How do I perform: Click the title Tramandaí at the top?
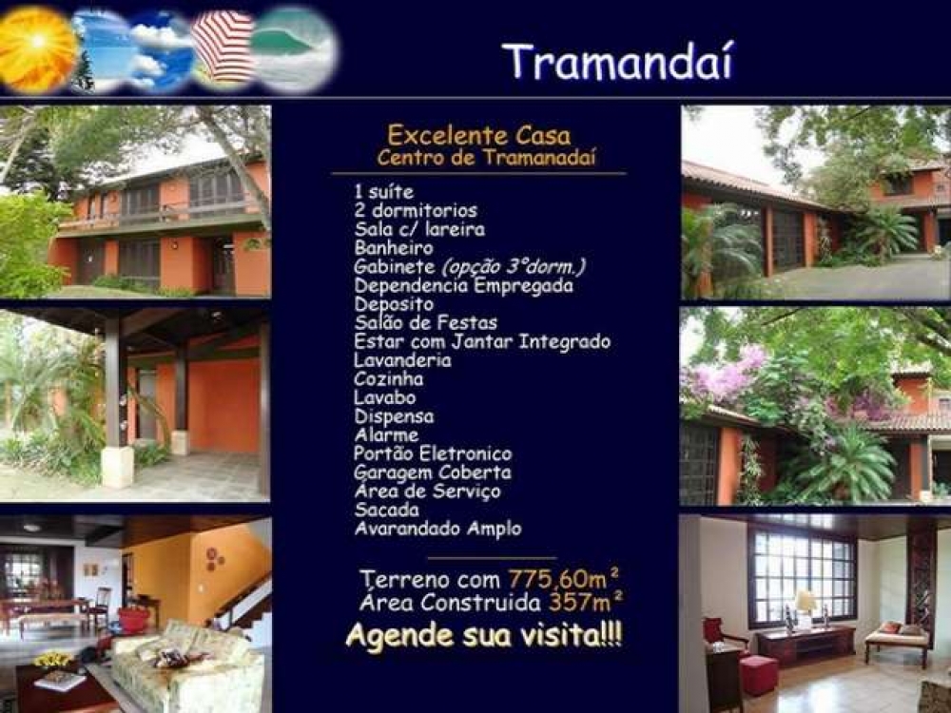point(618,61)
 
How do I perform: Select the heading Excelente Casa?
point(479,135)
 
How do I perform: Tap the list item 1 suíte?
point(384,192)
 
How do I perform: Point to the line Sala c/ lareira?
point(419,229)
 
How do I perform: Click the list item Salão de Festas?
point(426,322)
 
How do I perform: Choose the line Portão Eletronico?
point(433,453)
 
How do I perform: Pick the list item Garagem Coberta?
point(433,472)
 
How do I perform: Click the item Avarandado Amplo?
point(437,529)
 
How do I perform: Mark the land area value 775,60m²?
point(564,578)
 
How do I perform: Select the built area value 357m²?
point(586,602)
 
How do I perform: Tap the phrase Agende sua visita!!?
point(483,636)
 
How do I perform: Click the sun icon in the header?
point(36,48)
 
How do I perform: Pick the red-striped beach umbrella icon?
point(223,48)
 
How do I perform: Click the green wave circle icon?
point(294,48)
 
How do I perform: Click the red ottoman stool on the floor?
point(759,675)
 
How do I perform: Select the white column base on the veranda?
point(117,466)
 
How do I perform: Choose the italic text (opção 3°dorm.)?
point(514,267)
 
